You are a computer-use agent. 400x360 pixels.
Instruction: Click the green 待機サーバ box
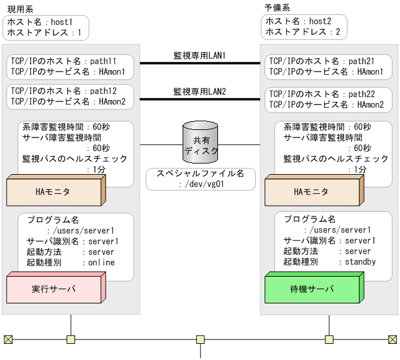311,289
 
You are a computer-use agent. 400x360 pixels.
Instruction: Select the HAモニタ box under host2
311,192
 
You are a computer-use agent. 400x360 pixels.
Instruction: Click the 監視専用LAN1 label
199,56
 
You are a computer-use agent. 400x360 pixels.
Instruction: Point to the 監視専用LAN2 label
199,91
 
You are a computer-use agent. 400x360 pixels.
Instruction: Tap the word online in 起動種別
101,262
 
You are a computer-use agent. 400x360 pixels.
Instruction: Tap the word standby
360,262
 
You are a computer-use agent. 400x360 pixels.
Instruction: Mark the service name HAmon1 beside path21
371,72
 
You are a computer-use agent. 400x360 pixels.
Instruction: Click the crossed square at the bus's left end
8,339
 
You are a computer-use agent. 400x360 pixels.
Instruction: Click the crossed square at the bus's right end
392,339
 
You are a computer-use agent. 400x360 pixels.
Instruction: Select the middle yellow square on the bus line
200,339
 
